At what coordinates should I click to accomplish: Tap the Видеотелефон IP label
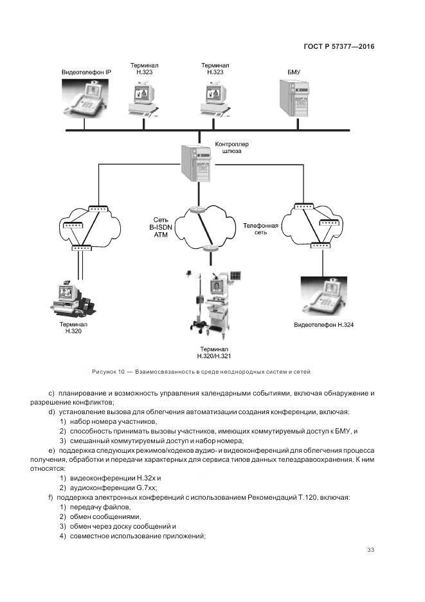click(x=86, y=72)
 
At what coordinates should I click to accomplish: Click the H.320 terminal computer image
click(x=72, y=297)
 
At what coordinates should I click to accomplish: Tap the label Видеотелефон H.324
click(x=324, y=325)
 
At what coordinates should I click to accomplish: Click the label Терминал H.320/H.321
click(x=214, y=352)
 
